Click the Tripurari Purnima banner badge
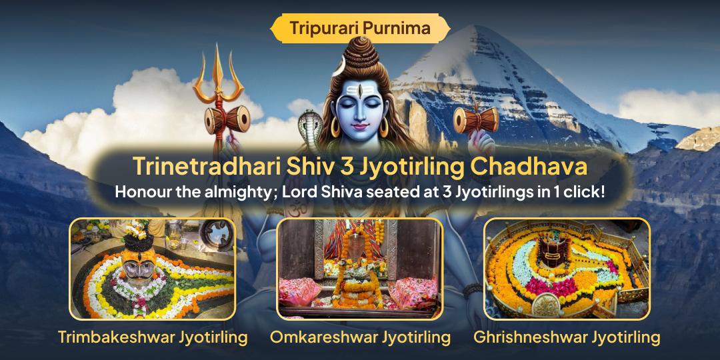point(360,28)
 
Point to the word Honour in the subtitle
point(143,191)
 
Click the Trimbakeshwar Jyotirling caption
point(153,337)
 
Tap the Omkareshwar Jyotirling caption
point(360,337)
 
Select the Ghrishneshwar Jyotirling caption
point(567,337)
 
